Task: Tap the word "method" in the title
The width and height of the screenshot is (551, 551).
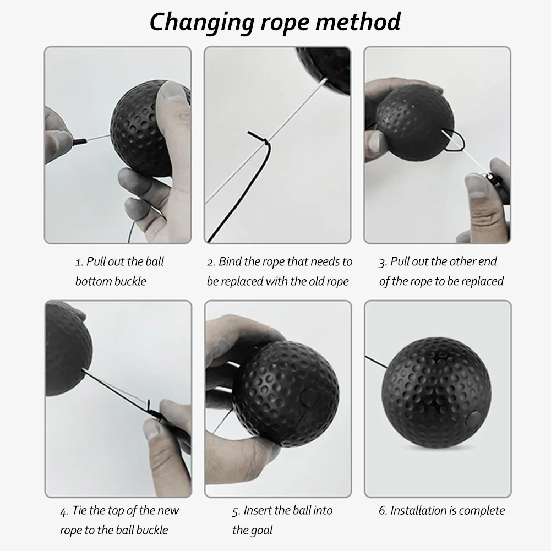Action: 358,21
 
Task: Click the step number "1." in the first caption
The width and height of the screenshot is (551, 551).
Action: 79,262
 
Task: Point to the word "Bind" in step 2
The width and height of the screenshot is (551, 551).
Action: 230,261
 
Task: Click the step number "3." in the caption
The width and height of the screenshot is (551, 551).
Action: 383,262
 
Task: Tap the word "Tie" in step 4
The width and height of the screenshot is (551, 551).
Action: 79,510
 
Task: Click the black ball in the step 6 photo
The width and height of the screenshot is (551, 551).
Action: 437,392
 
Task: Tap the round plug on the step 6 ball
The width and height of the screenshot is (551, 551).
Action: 473,419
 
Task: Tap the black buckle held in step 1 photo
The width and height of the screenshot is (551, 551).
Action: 79,141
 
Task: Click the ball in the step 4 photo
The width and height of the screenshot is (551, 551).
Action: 69,350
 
